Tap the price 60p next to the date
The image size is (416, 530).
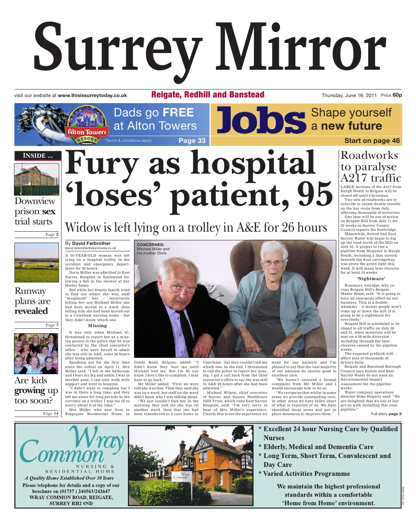397,95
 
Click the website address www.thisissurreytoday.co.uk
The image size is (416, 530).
92,96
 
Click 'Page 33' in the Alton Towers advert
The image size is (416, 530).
192,141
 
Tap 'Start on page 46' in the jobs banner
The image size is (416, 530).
372,141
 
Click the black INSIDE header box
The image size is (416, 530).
37,155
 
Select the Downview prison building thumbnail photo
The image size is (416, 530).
37,179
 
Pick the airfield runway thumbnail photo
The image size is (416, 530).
37,262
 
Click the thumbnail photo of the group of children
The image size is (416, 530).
36,353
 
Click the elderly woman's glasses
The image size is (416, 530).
273,262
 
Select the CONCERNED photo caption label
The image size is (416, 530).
150,245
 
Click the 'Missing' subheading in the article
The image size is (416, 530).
97,326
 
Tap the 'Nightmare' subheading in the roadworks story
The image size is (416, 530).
371,279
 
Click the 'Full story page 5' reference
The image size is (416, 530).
386,414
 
